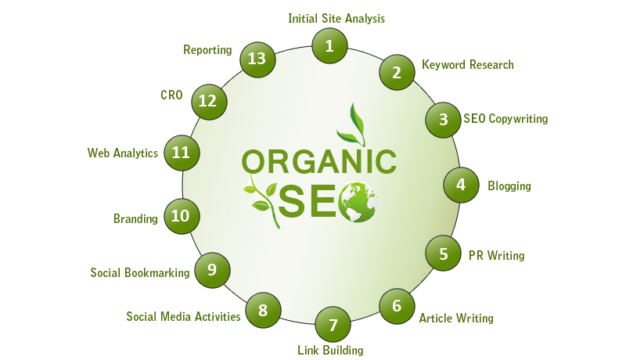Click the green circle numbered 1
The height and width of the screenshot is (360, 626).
click(329, 46)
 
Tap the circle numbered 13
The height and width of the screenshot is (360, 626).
click(257, 59)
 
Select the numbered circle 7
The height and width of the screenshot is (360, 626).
click(333, 325)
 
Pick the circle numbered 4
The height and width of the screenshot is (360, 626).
click(461, 185)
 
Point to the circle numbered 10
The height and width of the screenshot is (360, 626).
click(182, 216)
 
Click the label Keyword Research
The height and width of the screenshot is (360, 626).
click(468, 65)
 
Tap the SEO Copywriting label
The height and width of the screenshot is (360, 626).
click(505, 119)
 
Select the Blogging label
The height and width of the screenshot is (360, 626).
click(509, 186)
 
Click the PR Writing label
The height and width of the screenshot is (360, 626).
click(497, 255)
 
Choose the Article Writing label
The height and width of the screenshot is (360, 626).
click(456, 318)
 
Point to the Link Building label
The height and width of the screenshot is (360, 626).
click(330, 350)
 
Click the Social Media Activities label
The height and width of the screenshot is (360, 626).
click(183, 316)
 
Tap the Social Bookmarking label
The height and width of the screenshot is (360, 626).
click(140, 272)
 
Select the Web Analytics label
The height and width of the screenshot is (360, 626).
click(123, 153)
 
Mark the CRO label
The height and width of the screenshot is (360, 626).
click(171, 95)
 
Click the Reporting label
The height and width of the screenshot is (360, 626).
click(207, 50)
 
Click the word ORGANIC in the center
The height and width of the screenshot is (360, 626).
click(319, 162)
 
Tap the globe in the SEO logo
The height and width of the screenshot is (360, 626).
click(358, 202)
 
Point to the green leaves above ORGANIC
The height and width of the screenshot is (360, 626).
click(351, 124)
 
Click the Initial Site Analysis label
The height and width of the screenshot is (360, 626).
click(336, 18)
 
